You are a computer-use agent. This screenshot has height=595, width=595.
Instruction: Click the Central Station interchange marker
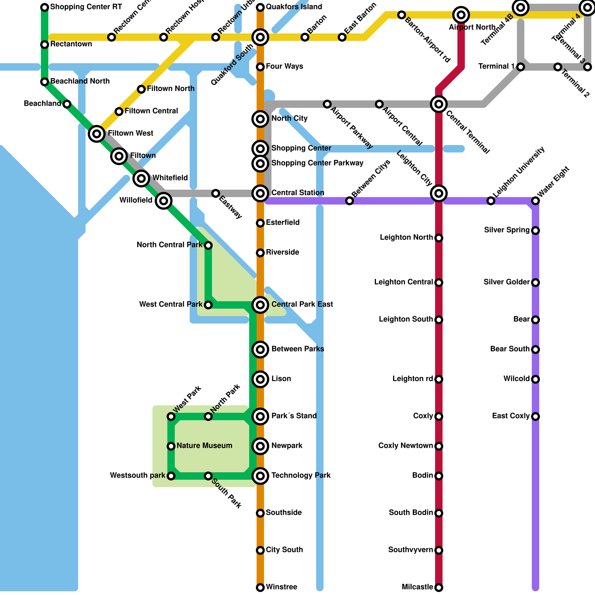coord(260,193)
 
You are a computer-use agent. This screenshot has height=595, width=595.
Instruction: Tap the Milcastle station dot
coord(439,588)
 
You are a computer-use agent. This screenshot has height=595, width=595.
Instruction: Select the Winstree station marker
coord(260,588)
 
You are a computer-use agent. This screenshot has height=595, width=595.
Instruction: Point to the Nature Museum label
coord(204,446)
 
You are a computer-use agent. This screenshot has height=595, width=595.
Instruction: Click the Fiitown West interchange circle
coord(97,134)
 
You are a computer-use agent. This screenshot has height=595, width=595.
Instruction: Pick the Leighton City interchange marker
coord(439,193)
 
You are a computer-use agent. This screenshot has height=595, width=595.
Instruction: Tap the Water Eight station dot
coord(535,201)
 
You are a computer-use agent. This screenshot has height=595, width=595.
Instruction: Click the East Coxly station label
coord(511,416)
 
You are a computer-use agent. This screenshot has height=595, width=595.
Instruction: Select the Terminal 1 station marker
coord(521,67)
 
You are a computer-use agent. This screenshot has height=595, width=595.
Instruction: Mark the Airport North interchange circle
coord(461,15)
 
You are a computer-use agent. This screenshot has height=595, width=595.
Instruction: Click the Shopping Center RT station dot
coord(45,7)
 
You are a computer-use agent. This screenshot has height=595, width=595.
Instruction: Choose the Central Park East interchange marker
coord(260,305)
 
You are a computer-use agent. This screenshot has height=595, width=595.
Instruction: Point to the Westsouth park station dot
coord(171,476)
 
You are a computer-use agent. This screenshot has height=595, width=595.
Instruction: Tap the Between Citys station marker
coord(350,201)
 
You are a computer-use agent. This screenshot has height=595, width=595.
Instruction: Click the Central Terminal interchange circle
coord(439,104)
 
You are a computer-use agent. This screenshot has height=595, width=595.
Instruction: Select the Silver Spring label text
coord(506,230)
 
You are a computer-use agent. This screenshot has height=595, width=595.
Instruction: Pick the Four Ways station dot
coord(260,67)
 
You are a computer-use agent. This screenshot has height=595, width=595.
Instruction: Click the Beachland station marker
coord(67,104)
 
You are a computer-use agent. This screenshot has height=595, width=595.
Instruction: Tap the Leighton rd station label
coord(412,379)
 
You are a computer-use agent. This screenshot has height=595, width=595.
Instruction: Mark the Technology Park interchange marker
coord(260,476)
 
